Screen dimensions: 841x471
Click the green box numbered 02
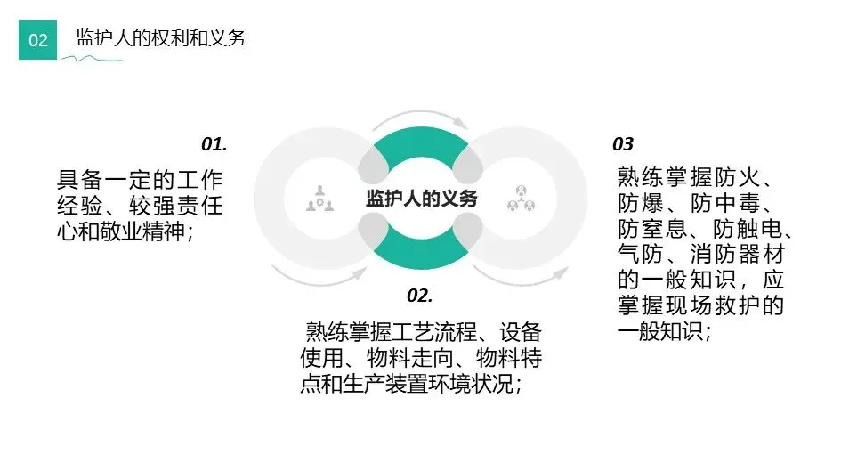pyautogui.click(x=37, y=40)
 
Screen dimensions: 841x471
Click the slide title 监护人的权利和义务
pyautogui.click(x=160, y=38)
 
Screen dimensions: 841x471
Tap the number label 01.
pyautogui.click(x=214, y=143)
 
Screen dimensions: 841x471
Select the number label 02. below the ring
pyautogui.click(x=419, y=295)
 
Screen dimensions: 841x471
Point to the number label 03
pyautogui.click(x=623, y=144)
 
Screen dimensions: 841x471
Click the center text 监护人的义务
pyautogui.click(x=422, y=199)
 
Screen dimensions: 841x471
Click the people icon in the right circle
pyautogui.click(x=521, y=199)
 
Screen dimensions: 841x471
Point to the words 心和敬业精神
pyautogui.click(x=125, y=229)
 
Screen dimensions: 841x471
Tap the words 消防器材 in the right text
pyautogui.click(x=745, y=254)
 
